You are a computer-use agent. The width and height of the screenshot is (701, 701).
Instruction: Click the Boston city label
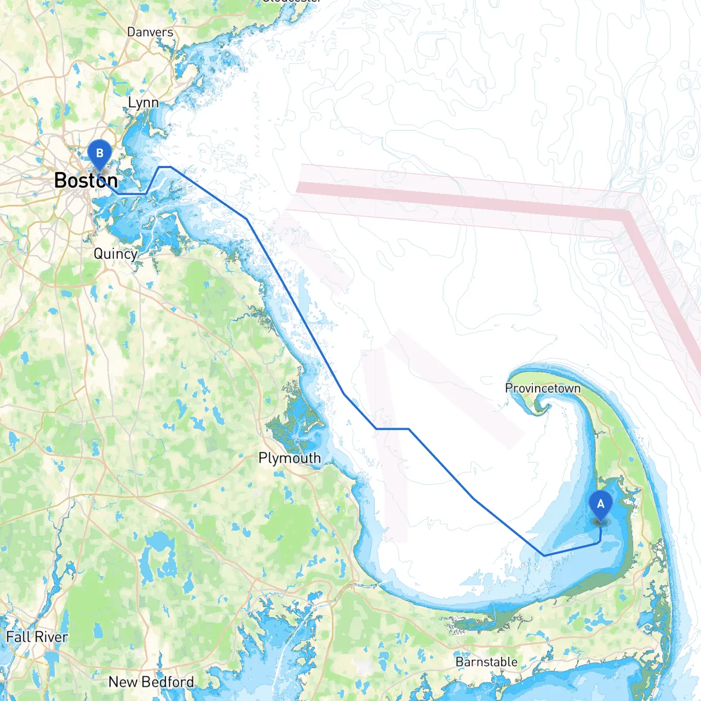tap(86, 180)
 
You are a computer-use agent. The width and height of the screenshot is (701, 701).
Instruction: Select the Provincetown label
tap(543, 388)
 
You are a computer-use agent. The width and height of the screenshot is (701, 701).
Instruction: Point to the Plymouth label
tap(290, 458)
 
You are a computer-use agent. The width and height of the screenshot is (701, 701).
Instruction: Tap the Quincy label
tap(115, 254)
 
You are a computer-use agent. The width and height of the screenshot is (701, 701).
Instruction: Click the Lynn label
tap(143, 102)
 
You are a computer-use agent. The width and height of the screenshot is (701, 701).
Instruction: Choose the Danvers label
tap(150, 32)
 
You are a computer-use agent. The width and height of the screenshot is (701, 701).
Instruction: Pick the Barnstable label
tap(486, 662)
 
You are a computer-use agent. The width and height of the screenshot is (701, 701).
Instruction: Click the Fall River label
tap(37, 637)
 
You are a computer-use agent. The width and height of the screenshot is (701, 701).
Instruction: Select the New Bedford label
tap(151, 682)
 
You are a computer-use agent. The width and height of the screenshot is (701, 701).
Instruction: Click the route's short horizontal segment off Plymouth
tap(393, 429)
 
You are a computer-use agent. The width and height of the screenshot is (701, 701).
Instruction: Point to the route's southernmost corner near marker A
tap(544, 555)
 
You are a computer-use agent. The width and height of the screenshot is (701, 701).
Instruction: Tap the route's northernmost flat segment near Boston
tap(165, 167)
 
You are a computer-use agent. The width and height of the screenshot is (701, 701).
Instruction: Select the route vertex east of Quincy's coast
tap(246, 219)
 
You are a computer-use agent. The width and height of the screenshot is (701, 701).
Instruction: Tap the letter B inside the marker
tap(100, 153)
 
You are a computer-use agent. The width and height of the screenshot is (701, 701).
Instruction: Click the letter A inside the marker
tap(601, 503)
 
